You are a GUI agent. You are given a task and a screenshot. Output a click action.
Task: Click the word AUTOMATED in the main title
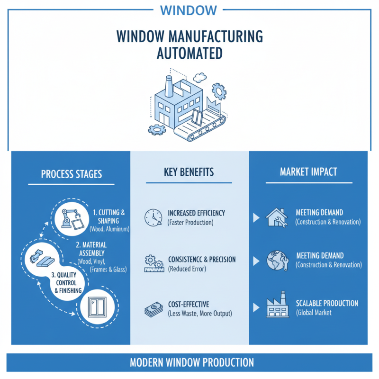(189, 53)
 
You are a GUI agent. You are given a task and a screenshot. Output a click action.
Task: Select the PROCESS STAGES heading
(71, 174)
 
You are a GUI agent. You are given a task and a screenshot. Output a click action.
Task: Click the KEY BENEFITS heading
(189, 171)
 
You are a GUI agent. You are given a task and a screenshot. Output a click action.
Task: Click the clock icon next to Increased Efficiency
(153, 217)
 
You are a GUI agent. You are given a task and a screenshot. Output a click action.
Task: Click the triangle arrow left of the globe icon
(256, 261)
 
